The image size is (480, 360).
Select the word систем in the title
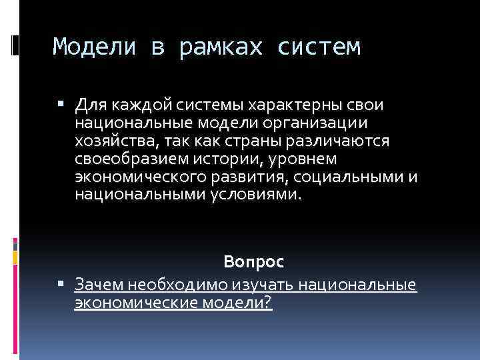[x=318, y=47]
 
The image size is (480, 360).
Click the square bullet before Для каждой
[x=61, y=105]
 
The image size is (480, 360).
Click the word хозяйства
[x=113, y=141]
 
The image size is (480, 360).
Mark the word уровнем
[x=304, y=159]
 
